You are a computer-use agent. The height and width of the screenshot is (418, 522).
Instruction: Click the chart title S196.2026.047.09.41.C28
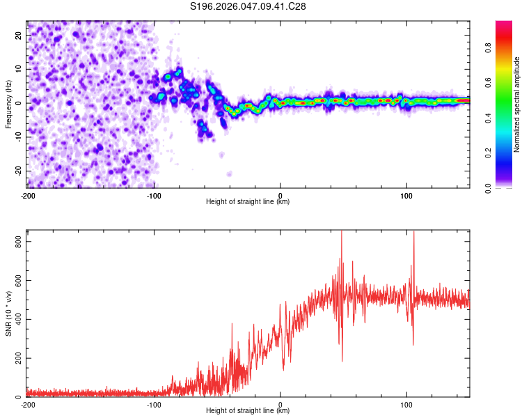click(x=248, y=6)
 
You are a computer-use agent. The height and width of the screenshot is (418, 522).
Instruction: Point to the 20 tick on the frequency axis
click(x=19, y=35)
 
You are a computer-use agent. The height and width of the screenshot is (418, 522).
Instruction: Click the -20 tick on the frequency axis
click(x=18, y=171)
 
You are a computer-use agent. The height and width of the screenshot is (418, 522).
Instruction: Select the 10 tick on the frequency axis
click(x=19, y=69)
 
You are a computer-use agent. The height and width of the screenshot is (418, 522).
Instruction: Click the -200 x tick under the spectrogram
click(x=28, y=195)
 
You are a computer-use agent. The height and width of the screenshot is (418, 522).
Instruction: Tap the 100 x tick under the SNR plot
click(x=406, y=404)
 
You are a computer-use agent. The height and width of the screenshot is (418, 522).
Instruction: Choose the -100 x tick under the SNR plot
click(x=154, y=404)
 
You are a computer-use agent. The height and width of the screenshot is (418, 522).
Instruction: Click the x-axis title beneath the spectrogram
click(x=248, y=202)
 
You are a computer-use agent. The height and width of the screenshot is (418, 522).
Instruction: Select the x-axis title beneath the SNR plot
click(x=248, y=411)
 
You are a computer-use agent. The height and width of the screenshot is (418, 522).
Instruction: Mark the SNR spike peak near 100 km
click(x=414, y=233)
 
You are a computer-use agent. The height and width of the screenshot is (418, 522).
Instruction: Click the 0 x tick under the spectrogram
click(x=280, y=195)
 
